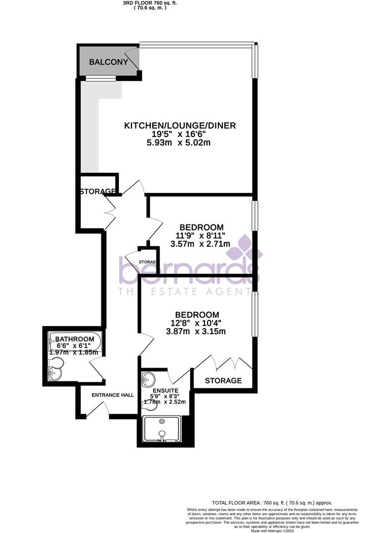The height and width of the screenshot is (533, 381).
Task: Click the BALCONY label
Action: [x=109, y=62]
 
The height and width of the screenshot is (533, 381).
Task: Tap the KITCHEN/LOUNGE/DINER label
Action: [x=180, y=126]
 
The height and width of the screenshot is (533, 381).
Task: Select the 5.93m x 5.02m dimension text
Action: [x=180, y=143]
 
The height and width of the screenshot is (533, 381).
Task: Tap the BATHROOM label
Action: [x=75, y=339]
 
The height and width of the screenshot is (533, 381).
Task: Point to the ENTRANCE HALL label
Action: [x=113, y=395]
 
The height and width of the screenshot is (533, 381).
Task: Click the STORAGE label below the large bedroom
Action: [x=223, y=381]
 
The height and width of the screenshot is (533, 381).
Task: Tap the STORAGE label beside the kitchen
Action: [x=98, y=191]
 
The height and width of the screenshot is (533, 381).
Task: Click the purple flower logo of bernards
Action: [x=245, y=248]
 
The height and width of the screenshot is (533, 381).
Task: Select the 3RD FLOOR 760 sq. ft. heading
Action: [x=150, y=3]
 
